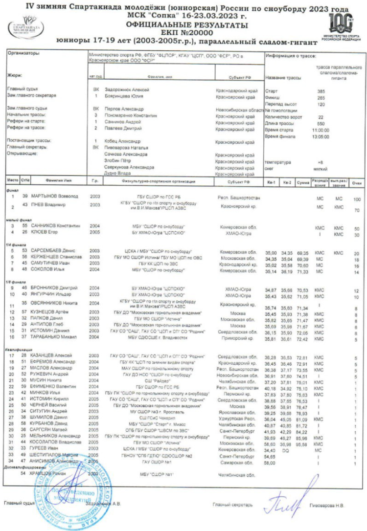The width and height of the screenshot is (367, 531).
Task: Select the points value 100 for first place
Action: pos(356,199)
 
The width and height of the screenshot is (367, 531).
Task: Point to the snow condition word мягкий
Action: pos(321,169)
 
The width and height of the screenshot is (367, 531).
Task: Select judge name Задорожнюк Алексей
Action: pos(127,90)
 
